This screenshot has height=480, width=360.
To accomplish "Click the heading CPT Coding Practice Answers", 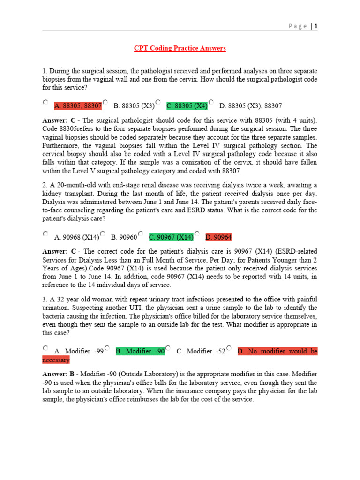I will pos(180,48).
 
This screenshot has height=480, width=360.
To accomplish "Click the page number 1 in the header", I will pos(316,26).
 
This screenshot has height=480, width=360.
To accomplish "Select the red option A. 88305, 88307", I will pos(78,106).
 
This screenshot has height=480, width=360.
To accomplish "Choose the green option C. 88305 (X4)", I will pos(187,106).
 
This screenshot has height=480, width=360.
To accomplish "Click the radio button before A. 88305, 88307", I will pos(45,102).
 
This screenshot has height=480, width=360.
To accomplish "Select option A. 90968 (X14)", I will pos(76,237).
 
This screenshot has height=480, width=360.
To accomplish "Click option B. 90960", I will pos(124,237).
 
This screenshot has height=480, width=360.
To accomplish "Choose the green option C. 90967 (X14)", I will pos(171,237).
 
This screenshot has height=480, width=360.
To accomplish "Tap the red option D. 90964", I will pos(218,237).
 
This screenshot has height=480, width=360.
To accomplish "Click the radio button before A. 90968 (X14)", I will pos(45,233).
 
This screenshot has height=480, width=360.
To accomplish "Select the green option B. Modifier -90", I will pos(140,351).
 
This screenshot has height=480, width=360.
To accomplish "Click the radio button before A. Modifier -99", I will pos(45,347).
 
